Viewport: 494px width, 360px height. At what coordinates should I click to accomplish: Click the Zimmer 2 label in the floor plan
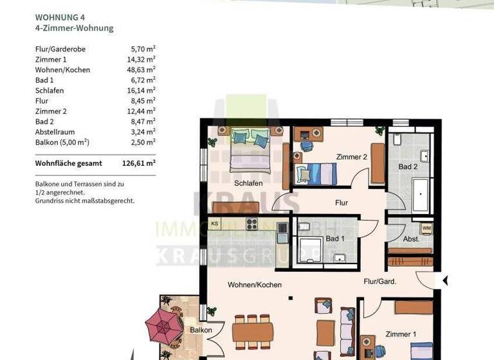click(351, 157)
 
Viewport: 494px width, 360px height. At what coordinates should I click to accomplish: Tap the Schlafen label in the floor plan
click(248, 183)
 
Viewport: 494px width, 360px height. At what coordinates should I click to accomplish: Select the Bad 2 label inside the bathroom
click(408, 167)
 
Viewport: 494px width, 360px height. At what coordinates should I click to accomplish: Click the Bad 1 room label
click(335, 239)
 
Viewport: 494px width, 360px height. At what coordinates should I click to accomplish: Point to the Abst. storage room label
click(411, 239)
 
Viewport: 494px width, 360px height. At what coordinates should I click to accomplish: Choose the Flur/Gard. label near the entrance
click(380, 281)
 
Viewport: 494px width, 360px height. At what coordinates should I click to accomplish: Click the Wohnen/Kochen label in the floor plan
click(255, 285)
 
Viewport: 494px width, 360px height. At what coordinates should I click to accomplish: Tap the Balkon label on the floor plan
click(201, 330)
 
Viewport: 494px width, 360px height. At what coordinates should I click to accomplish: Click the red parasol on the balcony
click(164, 323)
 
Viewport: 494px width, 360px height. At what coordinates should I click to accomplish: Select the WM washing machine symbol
click(426, 228)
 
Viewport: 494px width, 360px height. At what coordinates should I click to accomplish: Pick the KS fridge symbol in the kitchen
click(215, 224)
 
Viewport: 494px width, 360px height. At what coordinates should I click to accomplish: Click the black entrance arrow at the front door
click(444, 281)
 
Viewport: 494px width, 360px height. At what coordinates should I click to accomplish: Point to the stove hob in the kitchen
click(251, 224)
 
